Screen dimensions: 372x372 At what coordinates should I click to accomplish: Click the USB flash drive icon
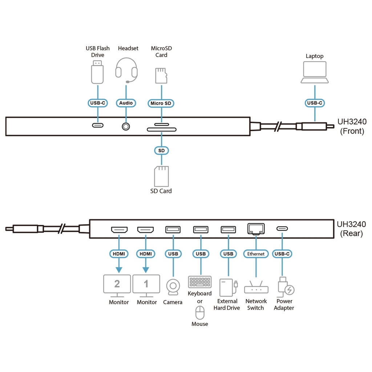[97, 72]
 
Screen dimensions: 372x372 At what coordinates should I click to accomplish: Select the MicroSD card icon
[161, 76]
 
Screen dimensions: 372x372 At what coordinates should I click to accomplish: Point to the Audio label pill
[126, 103]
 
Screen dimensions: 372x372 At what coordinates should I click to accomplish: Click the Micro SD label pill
[161, 103]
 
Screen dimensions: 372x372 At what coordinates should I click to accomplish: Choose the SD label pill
[161, 150]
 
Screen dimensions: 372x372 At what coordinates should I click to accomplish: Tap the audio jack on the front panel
[126, 126]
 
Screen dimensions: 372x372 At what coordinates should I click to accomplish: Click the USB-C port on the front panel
[97, 125]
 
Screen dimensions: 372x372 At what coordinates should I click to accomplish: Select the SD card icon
[161, 177]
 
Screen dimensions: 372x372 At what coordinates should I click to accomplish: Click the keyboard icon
[200, 282]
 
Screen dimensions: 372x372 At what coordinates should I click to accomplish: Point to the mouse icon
[200, 313]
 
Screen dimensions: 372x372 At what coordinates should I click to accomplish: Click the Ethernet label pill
[256, 254]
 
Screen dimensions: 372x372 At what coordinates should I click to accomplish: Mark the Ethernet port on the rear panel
[256, 229]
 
